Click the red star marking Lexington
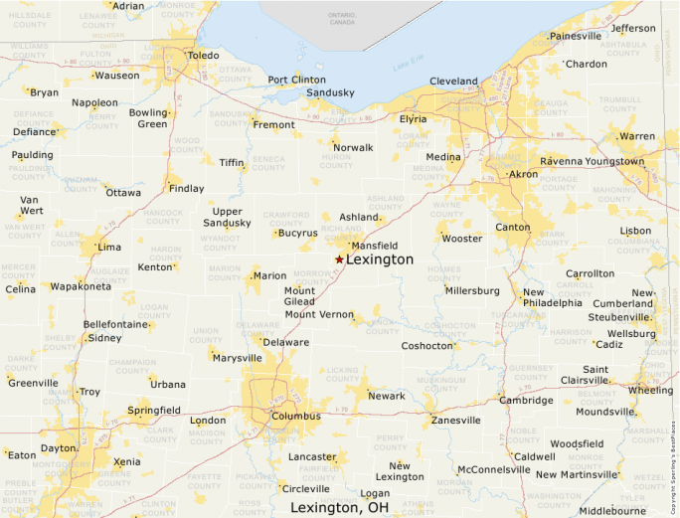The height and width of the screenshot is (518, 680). pyautogui.click(x=339, y=259)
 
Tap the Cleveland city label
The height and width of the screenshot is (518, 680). pyautogui.click(x=453, y=81)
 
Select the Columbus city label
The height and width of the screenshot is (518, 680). pyautogui.click(x=296, y=416)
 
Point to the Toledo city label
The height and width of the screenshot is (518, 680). pyautogui.click(x=203, y=56)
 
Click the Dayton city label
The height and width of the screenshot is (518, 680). pyautogui.click(x=59, y=448)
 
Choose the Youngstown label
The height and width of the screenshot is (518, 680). pyautogui.click(x=614, y=161)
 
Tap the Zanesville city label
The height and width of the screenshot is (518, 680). pyautogui.click(x=455, y=420)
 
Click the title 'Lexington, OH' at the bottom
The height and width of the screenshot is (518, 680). pyautogui.click(x=339, y=507)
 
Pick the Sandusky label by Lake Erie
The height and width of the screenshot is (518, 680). pyautogui.click(x=330, y=92)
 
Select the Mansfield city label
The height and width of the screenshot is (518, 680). pyautogui.click(x=377, y=245)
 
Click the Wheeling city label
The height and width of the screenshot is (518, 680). pyautogui.click(x=650, y=390)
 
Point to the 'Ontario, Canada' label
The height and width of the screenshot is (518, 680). pyautogui.click(x=341, y=18)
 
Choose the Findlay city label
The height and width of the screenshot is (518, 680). pyautogui.click(x=187, y=188)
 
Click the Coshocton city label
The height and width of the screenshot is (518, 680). pyautogui.click(x=427, y=346)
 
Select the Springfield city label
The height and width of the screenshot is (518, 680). pyautogui.click(x=154, y=410)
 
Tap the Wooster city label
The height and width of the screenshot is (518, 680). pyautogui.click(x=461, y=239)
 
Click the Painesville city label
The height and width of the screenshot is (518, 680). pyautogui.click(x=576, y=36)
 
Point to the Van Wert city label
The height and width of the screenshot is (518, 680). pyautogui.click(x=31, y=205)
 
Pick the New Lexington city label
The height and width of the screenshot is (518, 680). pyautogui.click(x=400, y=471)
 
